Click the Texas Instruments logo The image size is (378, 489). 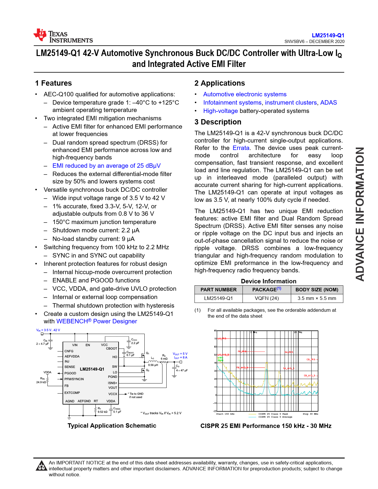click(x=63, y=36)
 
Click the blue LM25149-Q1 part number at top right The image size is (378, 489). click(x=328, y=35)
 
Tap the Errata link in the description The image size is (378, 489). click(x=241, y=148)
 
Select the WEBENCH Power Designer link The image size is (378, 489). click(x=97, y=321)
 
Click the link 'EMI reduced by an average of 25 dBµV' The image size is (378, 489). click(x=106, y=166)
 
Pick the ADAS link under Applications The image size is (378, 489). click(x=328, y=103)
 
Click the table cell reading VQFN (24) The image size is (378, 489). click(x=267, y=298)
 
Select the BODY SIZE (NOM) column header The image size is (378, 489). click(x=317, y=290)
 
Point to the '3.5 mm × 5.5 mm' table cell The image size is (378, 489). click(x=317, y=298)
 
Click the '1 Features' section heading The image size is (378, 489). click(x=53, y=83)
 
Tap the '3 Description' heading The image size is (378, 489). click(x=218, y=122)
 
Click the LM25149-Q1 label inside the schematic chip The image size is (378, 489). click(x=92, y=369)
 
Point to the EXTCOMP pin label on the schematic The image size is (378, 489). click(x=72, y=393)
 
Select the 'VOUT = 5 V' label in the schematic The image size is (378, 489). click(x=180, y=354)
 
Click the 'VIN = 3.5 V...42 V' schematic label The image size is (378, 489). click(x=48, y=330)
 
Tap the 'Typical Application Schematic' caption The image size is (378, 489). click(x=112, y=426)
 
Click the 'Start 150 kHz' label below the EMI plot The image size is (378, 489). click(x=225, y=414)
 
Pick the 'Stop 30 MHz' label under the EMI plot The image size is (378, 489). click(x=310, y=414)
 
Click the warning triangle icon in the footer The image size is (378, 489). click(x=41, y=466)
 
